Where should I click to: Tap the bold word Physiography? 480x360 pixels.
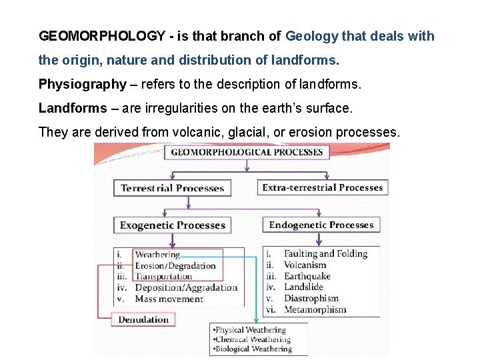pyautogui.click(x=82, y=84)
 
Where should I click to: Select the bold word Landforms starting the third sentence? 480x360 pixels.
pyautogui.click(x=72, y=108)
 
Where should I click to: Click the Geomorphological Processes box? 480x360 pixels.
pyautogui.click(x=247, y=152)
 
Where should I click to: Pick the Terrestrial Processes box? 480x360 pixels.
pyautogui.click(x=172, y=188)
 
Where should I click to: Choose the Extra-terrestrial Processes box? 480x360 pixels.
pyautogui.click(x=322, y=187)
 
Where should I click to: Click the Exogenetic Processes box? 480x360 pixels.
pyautogui.click(x=172, y=225)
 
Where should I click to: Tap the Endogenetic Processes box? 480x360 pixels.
pyautogui.click(x=321, y=225)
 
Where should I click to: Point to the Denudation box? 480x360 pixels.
pyautogui.click(x=143, y=320)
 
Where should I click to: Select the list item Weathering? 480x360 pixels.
pyautogui.click(x=157, y=255)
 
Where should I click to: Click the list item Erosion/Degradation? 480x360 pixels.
pyautogui.click(x=175, y=265)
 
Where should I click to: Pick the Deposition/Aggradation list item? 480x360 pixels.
pyautogui.click(x=186, y=288)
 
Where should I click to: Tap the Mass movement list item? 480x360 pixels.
pyautogui.click(x=169, y=299)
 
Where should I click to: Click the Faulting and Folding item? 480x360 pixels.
pyautogui.click(x=325, y=254)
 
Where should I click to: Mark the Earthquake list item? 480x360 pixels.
pyautogui.click(x=307, y=276)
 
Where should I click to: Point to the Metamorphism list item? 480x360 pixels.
pyautogui.click(x=315, y=309)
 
